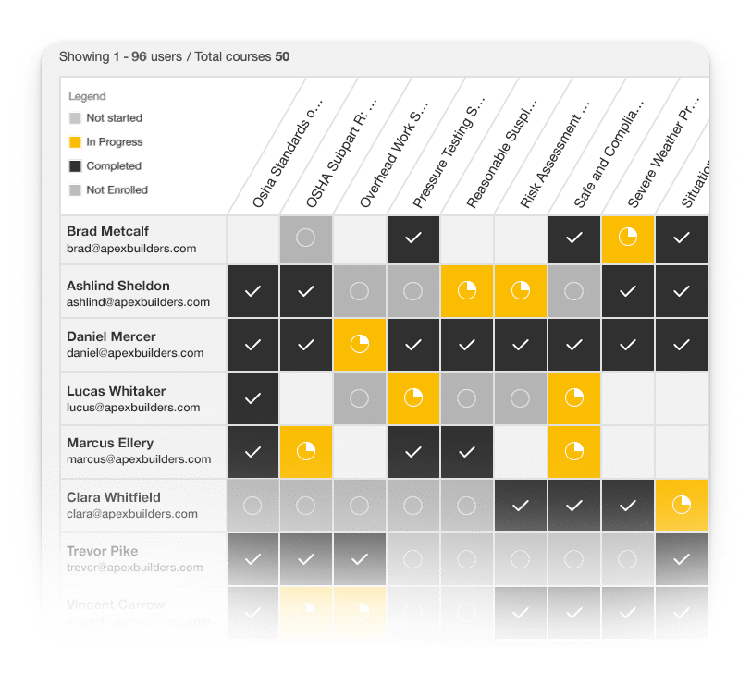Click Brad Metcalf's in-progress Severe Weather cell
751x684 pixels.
coord(628,238)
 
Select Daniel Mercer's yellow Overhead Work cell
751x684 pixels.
coord(360,345)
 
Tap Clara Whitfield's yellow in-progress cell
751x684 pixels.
coord(682,506)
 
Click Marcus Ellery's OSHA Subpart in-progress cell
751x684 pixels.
coord(306,451)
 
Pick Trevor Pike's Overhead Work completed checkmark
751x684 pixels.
coord(360,559)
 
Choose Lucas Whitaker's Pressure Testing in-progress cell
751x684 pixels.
coord(413,398)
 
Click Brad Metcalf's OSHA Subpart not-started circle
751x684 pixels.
coord(306,238)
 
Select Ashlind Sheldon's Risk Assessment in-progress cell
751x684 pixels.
coord(521,291)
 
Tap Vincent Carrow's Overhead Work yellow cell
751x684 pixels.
coord(360,612)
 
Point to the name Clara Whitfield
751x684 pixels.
coord(113,497)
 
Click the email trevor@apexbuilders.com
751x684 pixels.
coord(134,568)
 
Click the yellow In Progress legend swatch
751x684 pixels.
coord(75,142)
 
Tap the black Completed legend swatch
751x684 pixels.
coord(75,166)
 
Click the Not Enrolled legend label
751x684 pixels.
coord(117,190)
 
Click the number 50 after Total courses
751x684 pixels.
coord(282,56)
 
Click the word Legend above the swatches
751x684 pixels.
coord(87,96)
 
